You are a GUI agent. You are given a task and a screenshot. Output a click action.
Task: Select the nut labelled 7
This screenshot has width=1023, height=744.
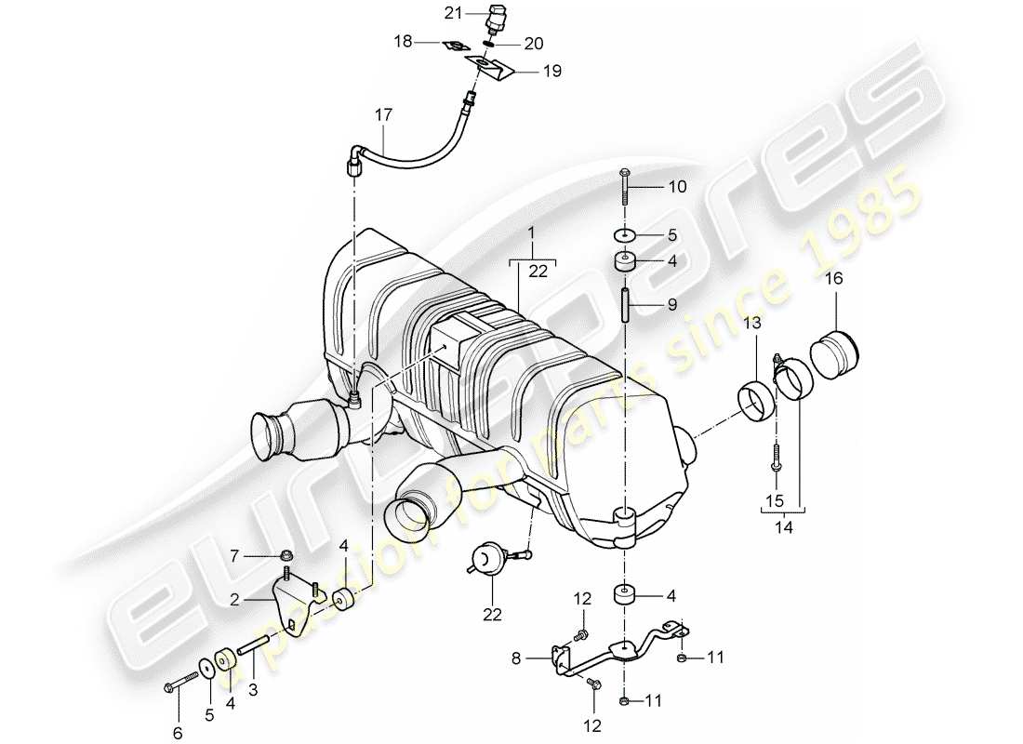pyautogui.click(x=286, y=557)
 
